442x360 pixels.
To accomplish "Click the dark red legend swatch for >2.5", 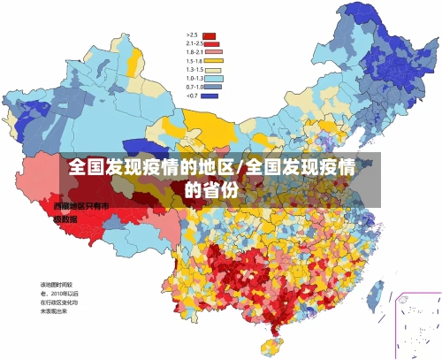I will pos(210,34).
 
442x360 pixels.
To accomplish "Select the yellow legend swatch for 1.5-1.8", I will pos(210,60).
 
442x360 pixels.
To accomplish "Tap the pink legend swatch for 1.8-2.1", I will pos(210,51).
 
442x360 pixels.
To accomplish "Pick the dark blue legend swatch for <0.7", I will pos(210,95).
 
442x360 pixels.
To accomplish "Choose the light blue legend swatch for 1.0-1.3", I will pos(210,78).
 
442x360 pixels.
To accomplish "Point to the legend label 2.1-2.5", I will pos(194,43).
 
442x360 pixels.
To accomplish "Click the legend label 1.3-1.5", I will pos(194,69).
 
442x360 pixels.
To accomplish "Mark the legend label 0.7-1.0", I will pos(194,87).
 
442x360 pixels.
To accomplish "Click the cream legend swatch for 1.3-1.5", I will pos(210,69).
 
